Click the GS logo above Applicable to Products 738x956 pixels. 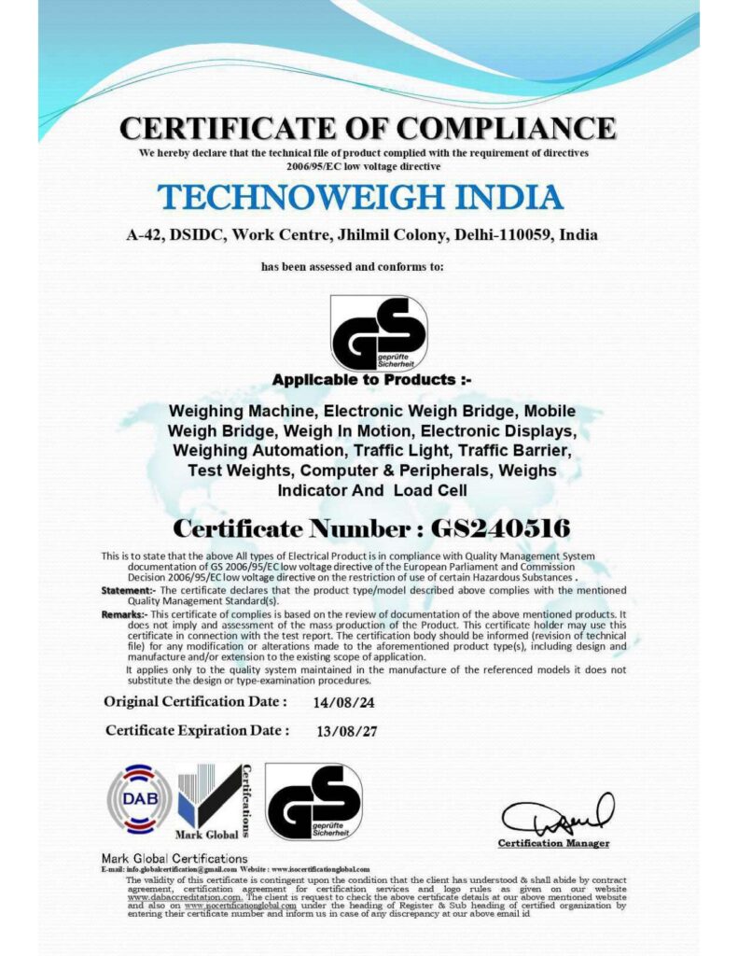(378, 332)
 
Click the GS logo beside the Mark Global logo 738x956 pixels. (313, 801)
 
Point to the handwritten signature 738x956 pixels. (557, 817)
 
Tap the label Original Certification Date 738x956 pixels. (195, 701)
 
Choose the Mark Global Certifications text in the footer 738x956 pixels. (174, 858)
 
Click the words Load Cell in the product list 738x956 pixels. (427, 490)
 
